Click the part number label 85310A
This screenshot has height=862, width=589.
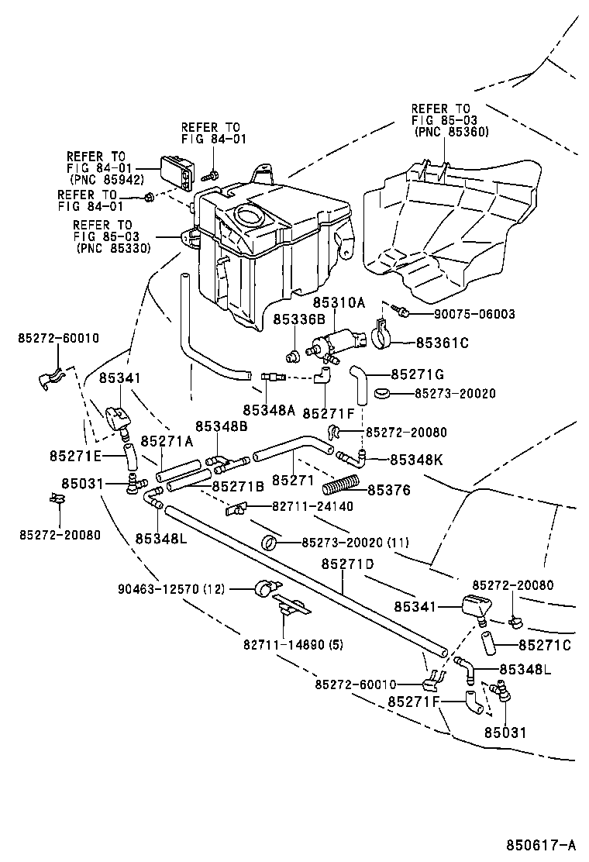339,302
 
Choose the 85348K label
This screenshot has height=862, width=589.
416,460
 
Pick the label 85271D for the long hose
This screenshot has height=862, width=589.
347,564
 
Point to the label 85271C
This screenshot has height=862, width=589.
545,644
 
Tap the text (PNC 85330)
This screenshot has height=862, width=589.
114,248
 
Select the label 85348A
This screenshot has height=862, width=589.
268,409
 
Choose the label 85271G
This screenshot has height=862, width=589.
418,374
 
